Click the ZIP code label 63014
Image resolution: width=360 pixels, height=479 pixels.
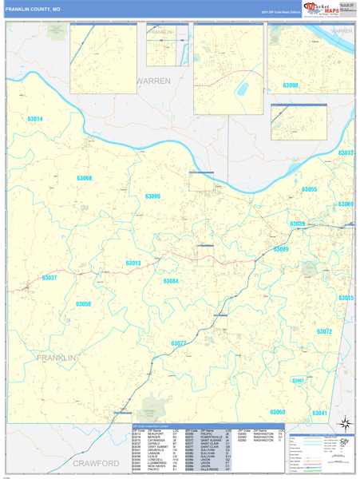35,119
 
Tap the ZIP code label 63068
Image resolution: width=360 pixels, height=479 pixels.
85,178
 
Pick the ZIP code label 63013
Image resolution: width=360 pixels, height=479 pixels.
133,263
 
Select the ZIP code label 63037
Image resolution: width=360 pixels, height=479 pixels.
49,277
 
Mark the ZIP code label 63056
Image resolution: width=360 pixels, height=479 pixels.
84,304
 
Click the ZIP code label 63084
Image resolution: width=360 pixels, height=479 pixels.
171,281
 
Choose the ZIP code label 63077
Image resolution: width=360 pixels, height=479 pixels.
179,343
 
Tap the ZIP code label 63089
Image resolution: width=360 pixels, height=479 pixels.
281,250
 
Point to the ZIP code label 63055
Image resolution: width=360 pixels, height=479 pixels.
310,189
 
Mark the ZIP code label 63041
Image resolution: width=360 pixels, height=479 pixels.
319,412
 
